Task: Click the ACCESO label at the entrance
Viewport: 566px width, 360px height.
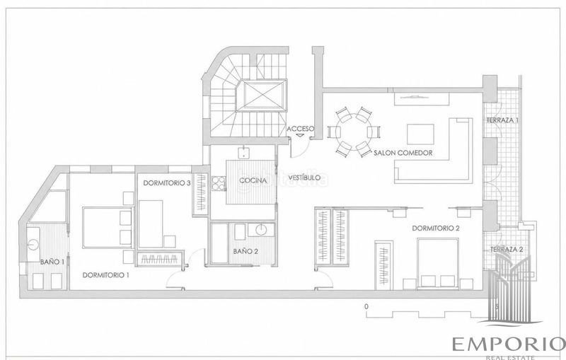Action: pyautogui.click(x=300, y=129)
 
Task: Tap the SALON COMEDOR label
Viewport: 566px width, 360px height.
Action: pyautogui.click(x=403, y=153)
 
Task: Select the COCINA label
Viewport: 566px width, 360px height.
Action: pyautogui.click(x=253, y=180)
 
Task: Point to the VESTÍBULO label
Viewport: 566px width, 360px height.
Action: pyautogui.click(x=305, y=178)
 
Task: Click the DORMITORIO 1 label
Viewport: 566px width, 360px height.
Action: pyautogui.click(x=105, y=275)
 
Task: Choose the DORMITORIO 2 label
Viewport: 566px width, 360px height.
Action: pyautogui.click(x=436, y=228)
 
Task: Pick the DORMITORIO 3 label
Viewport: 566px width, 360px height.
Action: pyautogui.click(x=167, y=183)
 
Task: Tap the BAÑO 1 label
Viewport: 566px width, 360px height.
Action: pyautogui.click(x=52, y=262)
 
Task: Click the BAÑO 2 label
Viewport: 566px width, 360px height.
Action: pyautogui.click(x=246, y=251)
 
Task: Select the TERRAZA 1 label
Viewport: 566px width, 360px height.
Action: pyautogui.click(x=502, y=120)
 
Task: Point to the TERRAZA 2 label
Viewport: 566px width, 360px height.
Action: pyautogui.click(x=507, y=249)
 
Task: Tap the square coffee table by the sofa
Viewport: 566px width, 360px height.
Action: pyautogui.click(x=420, y=134)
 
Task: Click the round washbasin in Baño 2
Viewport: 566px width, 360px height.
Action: pyautogui.click(x=262, y=230)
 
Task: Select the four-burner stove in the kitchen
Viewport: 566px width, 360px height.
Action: pyautogui.click(x=219, y=183)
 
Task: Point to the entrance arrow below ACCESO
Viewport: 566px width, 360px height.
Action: pyautogui.click(x=300, y=135)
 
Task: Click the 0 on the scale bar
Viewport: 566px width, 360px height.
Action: pyautogui.click(x=366, y=307)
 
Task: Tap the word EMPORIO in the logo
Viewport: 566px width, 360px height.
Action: pyautogui.click(x=509, y=344)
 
